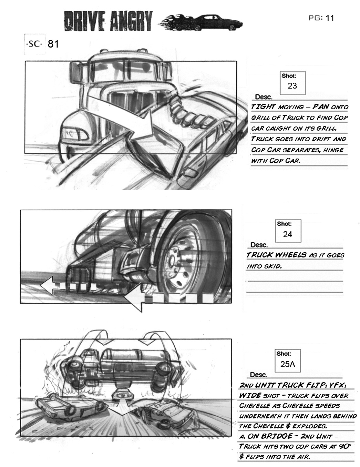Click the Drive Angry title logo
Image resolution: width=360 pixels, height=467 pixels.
click(x=108, y=21)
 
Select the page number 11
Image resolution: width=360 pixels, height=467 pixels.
click(x=330, y=18)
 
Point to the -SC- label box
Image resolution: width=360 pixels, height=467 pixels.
click(x=34, y=44)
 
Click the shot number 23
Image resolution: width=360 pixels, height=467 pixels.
click(x=292, y=86)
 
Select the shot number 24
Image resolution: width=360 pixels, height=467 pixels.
click(x=287, y=234)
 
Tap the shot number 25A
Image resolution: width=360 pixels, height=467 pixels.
click(x=288, y=364)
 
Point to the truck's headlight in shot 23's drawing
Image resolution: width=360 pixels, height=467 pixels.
click(x=72, y=132)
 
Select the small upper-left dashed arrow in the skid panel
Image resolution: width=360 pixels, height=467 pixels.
click(x=67, y=286)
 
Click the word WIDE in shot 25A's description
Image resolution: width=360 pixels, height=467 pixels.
click(x=250, y=395)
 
